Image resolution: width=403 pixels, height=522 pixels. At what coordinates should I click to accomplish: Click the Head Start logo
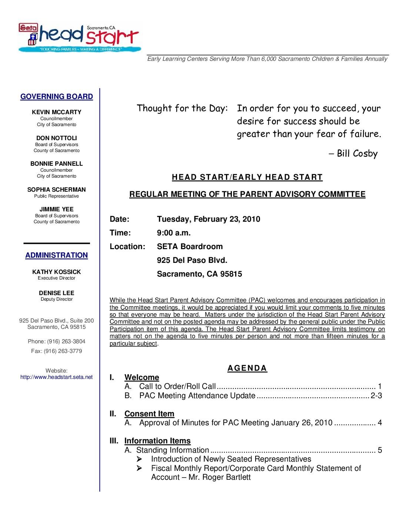[80, 37]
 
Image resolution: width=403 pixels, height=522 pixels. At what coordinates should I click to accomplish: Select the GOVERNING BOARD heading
[57, 97]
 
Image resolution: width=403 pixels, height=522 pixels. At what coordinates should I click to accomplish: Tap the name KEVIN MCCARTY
[57, 112]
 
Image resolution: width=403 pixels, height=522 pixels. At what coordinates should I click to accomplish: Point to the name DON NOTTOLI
[57, 138]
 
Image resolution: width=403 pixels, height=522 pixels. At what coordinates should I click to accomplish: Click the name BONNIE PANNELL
[57, 163]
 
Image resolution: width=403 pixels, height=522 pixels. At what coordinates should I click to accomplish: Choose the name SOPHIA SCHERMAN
[57, 189]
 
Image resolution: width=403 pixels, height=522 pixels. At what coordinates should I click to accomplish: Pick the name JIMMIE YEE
[57, 209]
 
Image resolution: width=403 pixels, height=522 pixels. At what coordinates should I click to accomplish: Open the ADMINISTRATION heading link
[57, 255]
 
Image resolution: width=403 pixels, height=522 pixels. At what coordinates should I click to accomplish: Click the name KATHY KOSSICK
[57, 272]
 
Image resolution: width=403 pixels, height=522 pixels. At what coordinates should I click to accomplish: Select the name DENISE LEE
[57, 293]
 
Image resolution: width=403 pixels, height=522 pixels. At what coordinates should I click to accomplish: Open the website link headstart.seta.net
[57, 377]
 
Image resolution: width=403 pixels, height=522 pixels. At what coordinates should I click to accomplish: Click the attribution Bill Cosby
[357, 153]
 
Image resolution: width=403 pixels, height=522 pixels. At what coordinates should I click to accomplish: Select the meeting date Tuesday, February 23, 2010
[209, 219]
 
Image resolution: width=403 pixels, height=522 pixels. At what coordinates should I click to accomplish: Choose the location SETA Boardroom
[190, 247]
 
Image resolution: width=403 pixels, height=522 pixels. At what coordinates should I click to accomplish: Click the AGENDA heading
[247, 368]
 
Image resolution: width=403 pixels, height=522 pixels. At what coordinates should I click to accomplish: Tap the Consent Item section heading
[149, 414]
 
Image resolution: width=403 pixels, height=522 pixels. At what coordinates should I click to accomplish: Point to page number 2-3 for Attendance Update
[376, 396]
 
